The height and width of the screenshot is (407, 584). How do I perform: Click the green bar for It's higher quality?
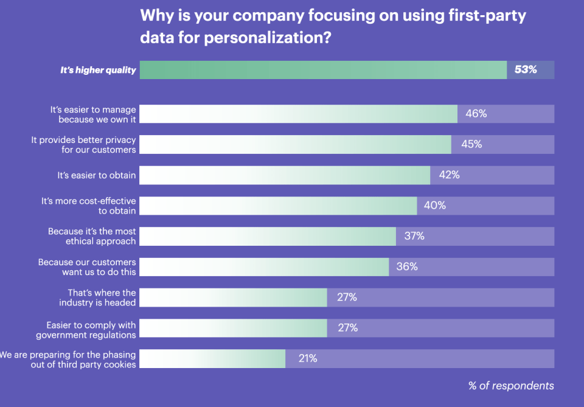323,70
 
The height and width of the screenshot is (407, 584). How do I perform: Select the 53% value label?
526,70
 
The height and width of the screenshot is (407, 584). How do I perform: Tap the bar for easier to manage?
298,114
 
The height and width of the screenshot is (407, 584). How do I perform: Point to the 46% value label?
476,114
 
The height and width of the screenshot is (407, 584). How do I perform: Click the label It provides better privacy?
83,145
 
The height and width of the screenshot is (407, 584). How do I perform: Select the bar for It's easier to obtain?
285,175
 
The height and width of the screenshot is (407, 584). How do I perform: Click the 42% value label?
449,175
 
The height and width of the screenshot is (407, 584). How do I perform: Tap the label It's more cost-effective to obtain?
88,206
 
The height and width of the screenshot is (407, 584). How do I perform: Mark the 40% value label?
435,206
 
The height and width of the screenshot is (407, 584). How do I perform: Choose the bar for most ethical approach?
268,236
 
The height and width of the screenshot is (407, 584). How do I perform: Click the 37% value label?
414,236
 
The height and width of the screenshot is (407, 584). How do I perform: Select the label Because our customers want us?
87,267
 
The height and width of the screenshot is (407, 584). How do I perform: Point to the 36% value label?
407,267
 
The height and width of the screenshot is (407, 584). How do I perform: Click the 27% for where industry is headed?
347,297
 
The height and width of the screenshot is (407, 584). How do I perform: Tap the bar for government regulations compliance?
233,328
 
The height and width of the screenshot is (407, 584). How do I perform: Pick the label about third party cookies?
68,359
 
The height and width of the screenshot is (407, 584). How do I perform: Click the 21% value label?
307,359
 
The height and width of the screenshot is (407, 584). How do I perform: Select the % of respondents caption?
511,386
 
